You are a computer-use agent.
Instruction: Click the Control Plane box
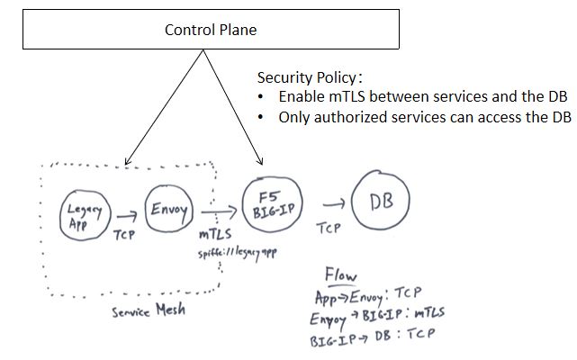[x=210, y=30]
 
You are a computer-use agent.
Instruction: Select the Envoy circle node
[x=168, y=213]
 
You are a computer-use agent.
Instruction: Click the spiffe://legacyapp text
[x=238, y=254]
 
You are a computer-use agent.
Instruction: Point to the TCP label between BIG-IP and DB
[x=328, y=229]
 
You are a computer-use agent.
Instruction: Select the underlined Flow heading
[x=340, y=275]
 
